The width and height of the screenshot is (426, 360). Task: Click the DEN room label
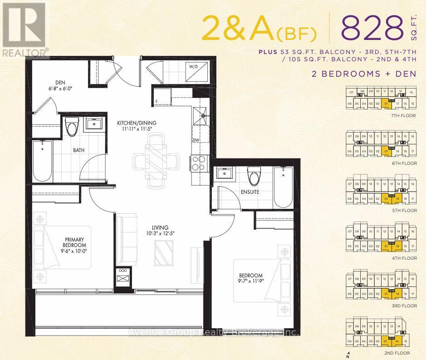point(60,83)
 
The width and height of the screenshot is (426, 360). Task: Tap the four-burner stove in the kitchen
point(198,163)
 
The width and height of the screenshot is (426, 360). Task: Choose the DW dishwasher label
point(195,140)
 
